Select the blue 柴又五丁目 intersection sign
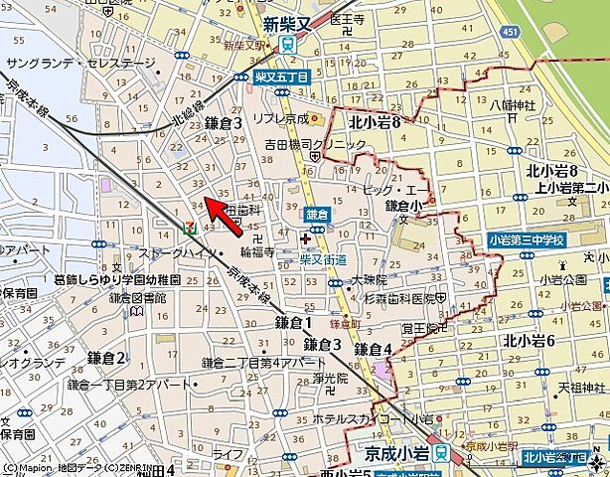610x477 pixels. pyautogui.click(x=282, y=76)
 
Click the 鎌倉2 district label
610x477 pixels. pyautogui.click(x=106, y=358)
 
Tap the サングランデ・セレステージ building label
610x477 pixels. pyautogui.click(x=81, y=63)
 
